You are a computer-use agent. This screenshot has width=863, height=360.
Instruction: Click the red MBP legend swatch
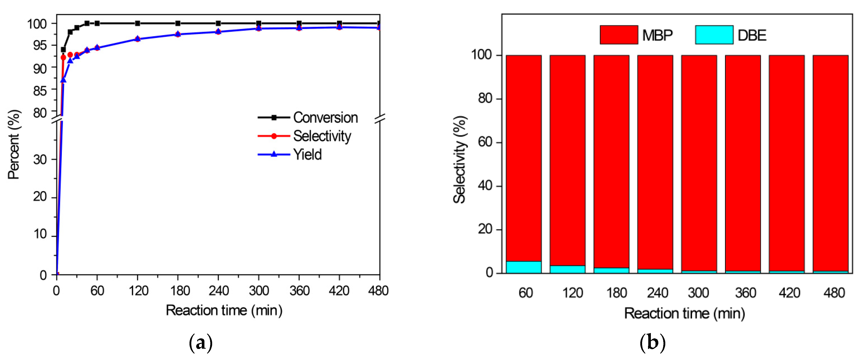[x=618, y=35]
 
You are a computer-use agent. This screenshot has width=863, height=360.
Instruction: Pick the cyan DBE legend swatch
[x=714, y=35]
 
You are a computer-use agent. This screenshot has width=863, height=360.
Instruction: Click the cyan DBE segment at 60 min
[x=524, y=267]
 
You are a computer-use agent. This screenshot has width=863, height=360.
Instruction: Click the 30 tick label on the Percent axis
[x=40, y=160]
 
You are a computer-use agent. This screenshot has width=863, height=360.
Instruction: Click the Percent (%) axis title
[x=14, y=144]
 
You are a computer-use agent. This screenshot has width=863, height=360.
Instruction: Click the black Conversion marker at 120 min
[x=137, y=23]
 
